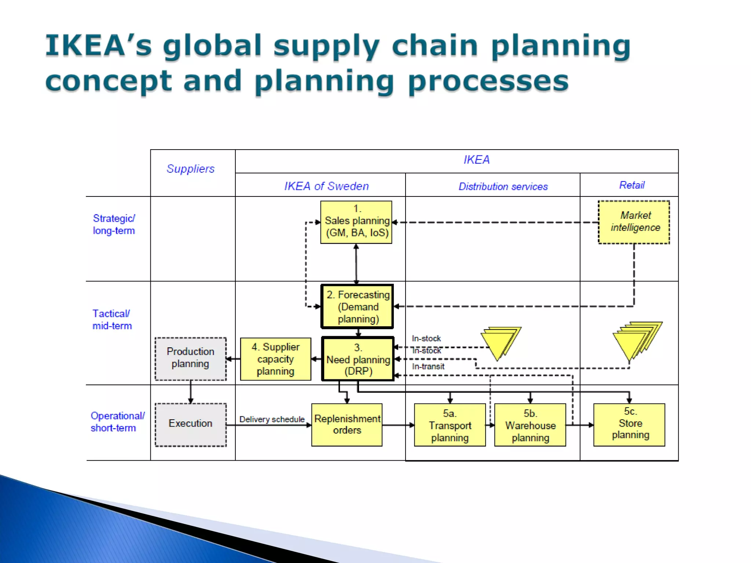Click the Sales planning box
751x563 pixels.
coord(356,222)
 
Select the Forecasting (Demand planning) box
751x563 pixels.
coord(357,306)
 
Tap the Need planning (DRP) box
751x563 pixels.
coord(358,359)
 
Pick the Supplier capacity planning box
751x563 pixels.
coord(275,359)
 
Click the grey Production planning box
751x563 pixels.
coord(190,359)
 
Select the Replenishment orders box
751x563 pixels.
coord(347,425)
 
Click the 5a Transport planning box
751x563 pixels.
coord(450,425)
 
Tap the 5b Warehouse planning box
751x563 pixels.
coord(530,425)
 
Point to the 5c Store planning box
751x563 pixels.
coord(629,425)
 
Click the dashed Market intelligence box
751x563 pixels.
coord(634,222)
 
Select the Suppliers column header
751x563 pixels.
coord(190,169)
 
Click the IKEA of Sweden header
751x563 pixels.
coord(326,186)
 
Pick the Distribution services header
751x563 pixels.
coord(503,187)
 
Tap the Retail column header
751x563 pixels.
coord(632,185)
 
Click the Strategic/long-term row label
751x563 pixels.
coord(114,224)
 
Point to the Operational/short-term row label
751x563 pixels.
coord(117,422)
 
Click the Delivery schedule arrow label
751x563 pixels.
coord(272,419)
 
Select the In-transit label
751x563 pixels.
coord(428,366)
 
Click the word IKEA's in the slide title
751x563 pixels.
coord(98,46)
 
